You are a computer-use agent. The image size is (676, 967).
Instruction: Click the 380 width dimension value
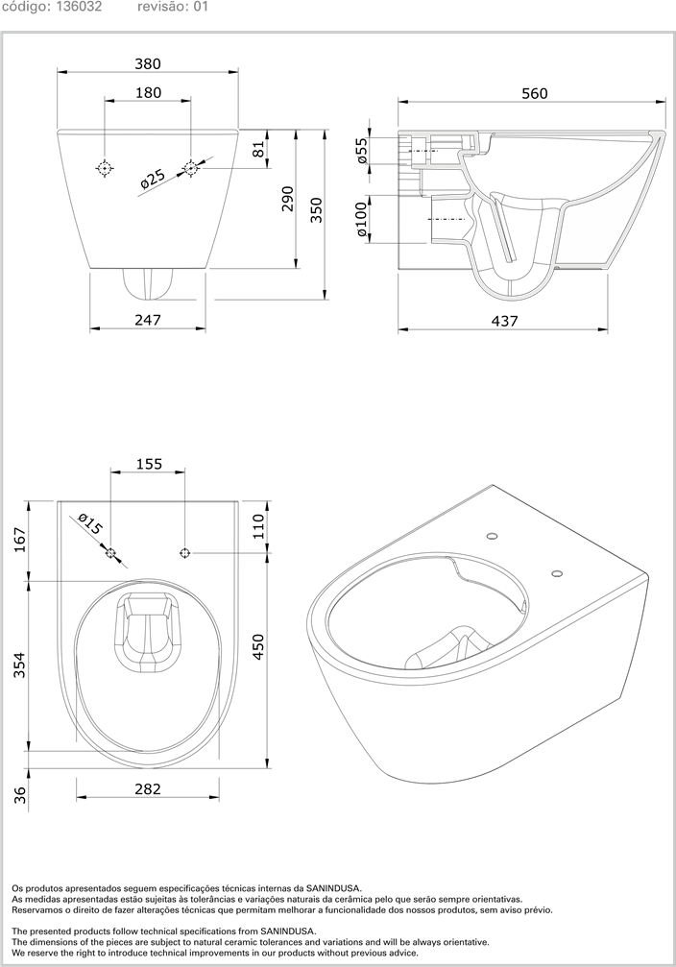pos(147,63)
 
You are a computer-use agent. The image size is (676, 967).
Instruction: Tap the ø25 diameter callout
pos(154,178)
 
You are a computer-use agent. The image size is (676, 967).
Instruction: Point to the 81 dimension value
pos(258,150)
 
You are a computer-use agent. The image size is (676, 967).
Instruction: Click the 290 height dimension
pos(287,198)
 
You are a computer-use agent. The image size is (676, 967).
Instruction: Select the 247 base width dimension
pos(147,319)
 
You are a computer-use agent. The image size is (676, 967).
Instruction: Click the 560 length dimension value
pos(534,93)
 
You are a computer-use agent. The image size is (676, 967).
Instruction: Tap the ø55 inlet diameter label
pos(362,151)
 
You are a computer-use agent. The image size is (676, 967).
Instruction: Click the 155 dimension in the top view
pos(148,464)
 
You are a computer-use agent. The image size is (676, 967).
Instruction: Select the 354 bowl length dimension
pos(18,665)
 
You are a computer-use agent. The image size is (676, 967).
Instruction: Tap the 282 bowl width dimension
pos(147,788)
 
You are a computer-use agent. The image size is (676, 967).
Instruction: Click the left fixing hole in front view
pos(104,168)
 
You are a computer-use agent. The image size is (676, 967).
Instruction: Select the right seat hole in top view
pos(185,552)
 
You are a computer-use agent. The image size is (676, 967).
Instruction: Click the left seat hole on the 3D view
pos(492,537)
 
